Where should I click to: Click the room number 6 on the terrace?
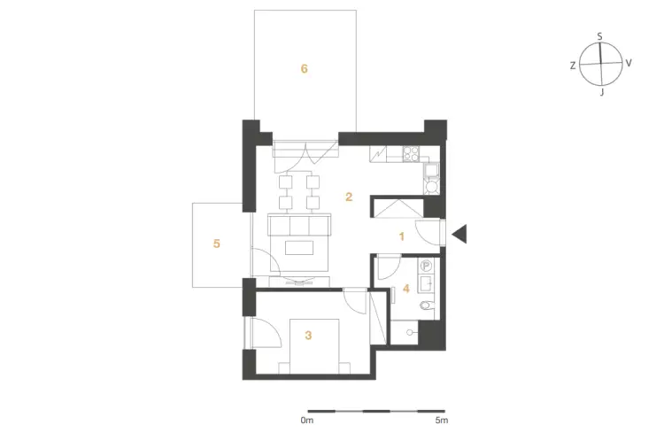[x=304, y=69]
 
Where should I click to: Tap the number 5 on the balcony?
[x=216, y=244]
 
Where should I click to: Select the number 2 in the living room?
[x=349, y=197]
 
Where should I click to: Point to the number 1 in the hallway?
[x=402, y=236]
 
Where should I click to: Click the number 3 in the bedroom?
[x=308, y=336]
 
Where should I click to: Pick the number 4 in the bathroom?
[x=406, y=289]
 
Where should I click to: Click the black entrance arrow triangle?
[x=459, y=234]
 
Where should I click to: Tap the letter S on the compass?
[x=599, y=37]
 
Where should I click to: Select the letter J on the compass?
[x=602, y=92]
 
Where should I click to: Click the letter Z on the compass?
[x=573, y=66]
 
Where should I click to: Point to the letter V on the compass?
[x=629, y=63]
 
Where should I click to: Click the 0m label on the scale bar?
[x=307, y=421]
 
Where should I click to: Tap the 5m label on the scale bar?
[x=441, y=421]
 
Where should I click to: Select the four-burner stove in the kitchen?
[x=411, y=154]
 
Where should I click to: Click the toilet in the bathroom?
[x=427, y=305]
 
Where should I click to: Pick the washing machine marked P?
[x=427, y=266]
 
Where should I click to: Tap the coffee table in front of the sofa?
[x=299, y=248]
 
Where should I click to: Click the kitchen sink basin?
[x=431, y=171]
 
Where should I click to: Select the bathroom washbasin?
[x=426, y=283]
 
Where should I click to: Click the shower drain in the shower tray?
[x=410, y=333]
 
